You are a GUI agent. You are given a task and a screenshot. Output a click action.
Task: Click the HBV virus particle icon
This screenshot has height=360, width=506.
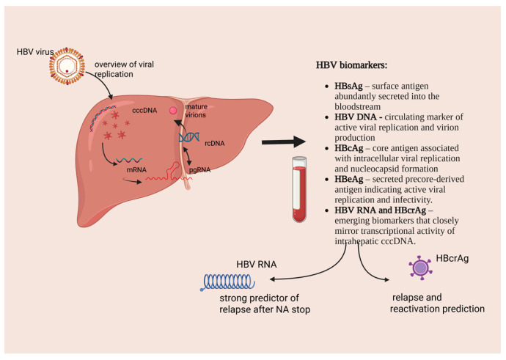click(67, 66)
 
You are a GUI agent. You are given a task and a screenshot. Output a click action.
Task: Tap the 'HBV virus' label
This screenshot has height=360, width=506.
click(35, 51)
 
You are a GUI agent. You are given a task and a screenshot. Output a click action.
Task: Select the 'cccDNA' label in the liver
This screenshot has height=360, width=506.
click(144, 110)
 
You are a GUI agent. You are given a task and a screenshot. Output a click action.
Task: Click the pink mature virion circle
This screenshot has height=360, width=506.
click(173, 111)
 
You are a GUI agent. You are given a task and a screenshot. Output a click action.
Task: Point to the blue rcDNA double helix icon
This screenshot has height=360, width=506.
click(189, 137)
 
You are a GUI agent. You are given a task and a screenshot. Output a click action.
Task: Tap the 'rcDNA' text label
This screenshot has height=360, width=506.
click(215, 143)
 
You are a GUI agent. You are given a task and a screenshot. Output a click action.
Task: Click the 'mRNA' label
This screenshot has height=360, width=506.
click(136, 169)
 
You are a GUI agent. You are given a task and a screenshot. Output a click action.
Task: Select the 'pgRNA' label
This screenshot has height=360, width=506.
click(199, 169)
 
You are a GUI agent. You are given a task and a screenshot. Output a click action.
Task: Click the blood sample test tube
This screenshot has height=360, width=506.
click(299, 189)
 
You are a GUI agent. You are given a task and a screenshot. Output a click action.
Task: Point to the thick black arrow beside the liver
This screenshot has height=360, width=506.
click(284, 142)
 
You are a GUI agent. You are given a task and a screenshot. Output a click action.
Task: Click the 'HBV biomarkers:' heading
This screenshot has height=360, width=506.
click(351, 65)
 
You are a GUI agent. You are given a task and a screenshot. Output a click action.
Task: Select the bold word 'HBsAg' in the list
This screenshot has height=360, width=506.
click(348, 86)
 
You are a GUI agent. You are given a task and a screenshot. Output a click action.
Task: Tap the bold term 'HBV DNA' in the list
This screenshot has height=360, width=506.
click(356, 117)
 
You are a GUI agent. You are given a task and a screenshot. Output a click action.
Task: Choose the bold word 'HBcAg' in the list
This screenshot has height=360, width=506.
click(349, 148)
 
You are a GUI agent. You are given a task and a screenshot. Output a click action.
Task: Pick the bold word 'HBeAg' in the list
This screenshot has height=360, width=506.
click(349, 179)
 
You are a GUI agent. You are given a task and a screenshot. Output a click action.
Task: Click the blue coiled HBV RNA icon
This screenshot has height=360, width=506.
click(228, 282)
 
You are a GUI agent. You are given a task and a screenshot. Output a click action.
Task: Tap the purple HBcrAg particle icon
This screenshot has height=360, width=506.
click(420, 268)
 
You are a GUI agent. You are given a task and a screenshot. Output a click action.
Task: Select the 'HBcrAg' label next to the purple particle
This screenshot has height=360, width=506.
click(452, 258)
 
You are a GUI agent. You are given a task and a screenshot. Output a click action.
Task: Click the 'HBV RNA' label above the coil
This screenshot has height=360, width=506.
click(257, 265)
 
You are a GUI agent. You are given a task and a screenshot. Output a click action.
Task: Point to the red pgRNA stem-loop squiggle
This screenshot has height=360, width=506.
click(164, 172)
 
